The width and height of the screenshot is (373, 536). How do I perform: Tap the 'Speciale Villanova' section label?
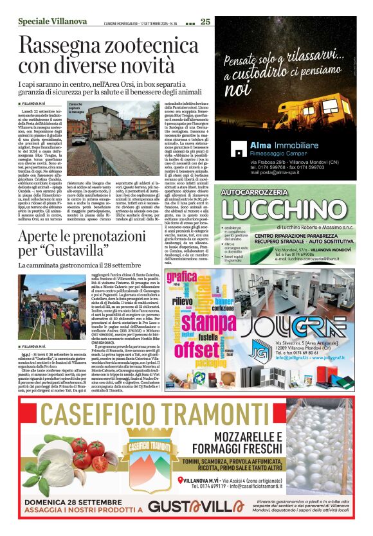45,22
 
